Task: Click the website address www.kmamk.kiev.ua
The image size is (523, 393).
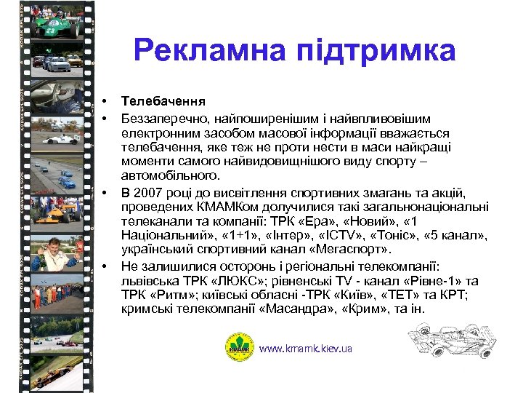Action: coord(305,349)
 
